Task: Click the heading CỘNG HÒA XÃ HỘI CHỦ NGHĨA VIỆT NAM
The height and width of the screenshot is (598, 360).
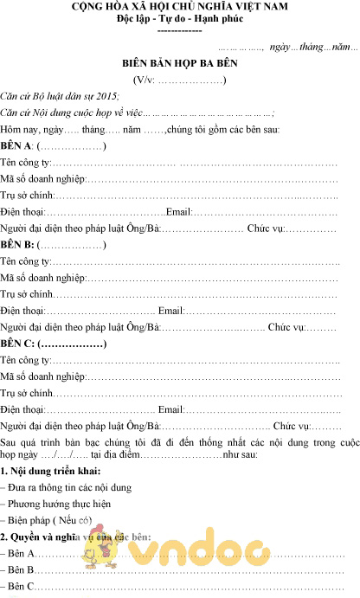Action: click(x=180, y=8)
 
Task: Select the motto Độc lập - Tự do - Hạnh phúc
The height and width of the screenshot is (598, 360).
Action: click(x=180, y=19)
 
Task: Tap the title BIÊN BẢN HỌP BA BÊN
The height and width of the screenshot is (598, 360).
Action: click(x=180, y=64)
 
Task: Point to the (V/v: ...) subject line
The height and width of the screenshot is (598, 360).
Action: click(x=180, y=80)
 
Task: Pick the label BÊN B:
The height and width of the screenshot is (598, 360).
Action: click(x=17, y=245)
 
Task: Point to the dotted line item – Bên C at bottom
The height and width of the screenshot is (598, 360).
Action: click(x=19, y=587)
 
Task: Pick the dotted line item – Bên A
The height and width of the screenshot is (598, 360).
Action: click(x=19, y=554)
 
